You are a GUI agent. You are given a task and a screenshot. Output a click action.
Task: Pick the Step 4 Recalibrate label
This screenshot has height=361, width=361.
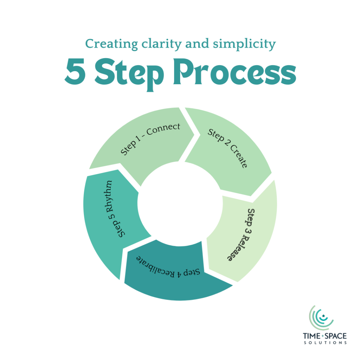click(169, 266)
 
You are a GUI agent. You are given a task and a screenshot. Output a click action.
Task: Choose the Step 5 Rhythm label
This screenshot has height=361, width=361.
click(115, 209)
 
